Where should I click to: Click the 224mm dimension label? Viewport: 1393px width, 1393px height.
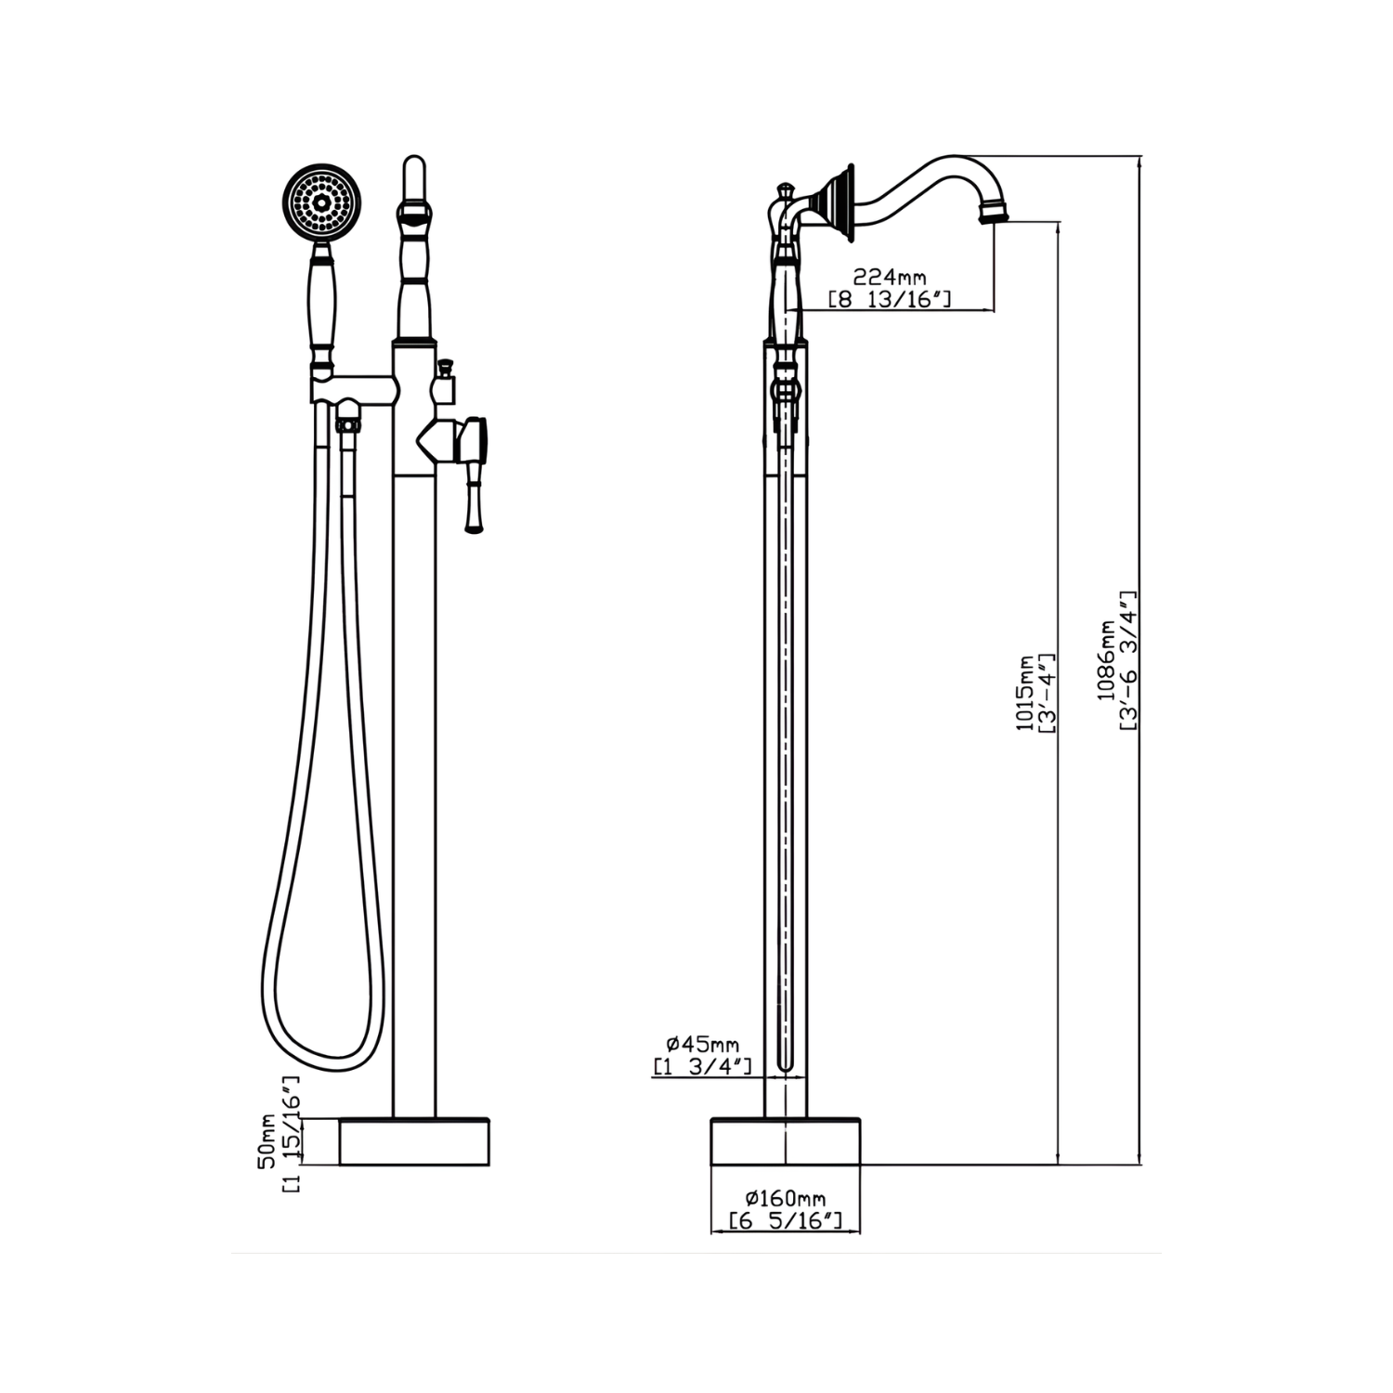point(890,277)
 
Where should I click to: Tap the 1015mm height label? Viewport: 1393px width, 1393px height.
point(1025,694)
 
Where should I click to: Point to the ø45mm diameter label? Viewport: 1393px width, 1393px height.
point(703,1045)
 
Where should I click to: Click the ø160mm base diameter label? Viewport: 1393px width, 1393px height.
point(787,1199)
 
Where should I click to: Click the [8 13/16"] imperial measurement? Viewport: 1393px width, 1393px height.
point(890,299)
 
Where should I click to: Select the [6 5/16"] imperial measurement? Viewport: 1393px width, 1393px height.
point(787,1221)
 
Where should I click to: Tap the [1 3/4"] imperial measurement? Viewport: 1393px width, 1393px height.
point(703,1067)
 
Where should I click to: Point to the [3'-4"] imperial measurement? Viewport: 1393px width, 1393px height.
point(1047,694)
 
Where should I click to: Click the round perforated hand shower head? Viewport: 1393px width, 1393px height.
point(321,202)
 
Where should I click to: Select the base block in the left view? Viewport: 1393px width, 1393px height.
point(414,1141)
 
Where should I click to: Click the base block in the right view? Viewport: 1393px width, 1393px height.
point(786,1141)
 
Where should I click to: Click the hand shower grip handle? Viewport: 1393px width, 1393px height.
point(322,306)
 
